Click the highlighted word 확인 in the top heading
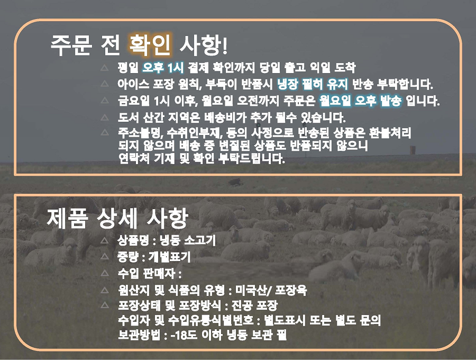[150, 45]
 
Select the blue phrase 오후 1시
[163, 67]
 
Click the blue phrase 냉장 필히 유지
[313, 84]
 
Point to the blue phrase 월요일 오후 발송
[360, 101]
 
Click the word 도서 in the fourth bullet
[127, 118]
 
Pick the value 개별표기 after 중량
[169, 257]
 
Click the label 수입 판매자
[147, 274]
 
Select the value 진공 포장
[254, 305]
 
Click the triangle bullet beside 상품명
[105, 240]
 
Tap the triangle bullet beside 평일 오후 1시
[105, 67]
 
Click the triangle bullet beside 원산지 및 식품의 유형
[105, 291]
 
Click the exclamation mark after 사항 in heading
[225, 46]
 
